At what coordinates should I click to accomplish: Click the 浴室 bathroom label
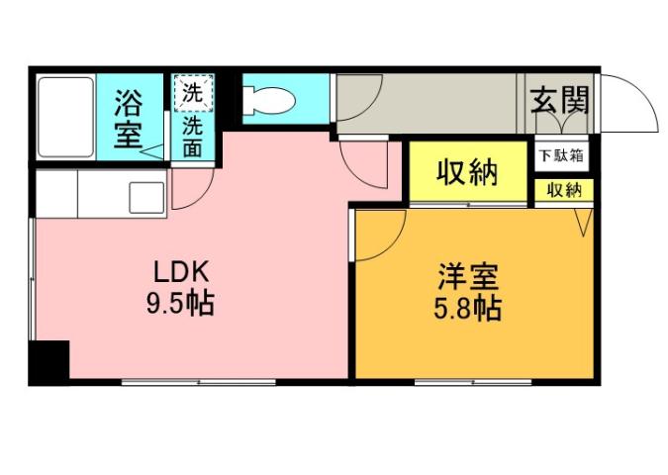129,118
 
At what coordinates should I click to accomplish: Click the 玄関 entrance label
560,100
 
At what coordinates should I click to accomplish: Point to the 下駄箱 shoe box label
562,155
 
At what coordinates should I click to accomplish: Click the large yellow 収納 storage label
467,174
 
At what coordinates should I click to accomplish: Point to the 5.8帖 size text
468,308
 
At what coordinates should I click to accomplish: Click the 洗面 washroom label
193,137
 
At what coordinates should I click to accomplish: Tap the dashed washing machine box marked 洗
193,94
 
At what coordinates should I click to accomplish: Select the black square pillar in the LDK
49,361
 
